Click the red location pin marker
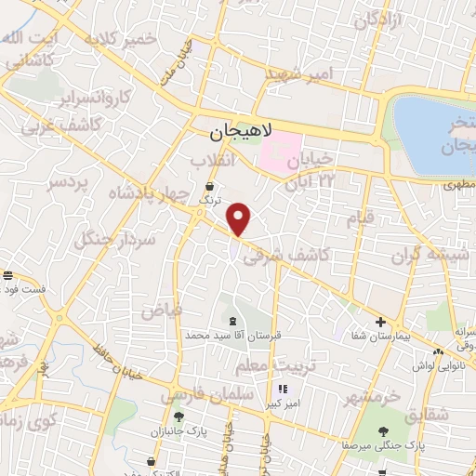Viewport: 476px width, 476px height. click(240, 218)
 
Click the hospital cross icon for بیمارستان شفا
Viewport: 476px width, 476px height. click(380, 323)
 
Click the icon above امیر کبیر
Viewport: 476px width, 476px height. click(282, 389)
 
